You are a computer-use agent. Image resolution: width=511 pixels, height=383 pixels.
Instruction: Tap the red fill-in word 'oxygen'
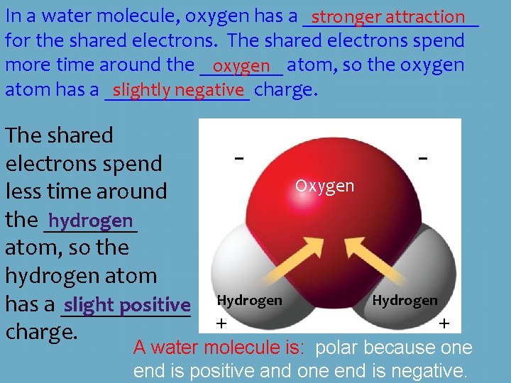point(241,66)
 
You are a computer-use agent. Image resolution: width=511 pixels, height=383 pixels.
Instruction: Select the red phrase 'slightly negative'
point(177,89)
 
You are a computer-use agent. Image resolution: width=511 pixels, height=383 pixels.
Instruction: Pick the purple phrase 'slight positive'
point(127,305)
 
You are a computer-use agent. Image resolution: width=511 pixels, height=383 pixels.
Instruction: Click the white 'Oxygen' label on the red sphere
point(324,186)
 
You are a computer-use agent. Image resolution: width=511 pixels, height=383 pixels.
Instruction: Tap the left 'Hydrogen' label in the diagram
point(249,300)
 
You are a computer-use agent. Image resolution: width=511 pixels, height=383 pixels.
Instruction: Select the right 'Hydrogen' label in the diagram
point(405,300)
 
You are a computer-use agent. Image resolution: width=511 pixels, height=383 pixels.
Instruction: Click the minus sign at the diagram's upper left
point(240,158)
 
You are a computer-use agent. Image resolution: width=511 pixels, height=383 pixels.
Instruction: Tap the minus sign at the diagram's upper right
point(423,158)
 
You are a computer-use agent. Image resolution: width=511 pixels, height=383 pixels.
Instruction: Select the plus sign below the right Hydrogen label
point(444,323)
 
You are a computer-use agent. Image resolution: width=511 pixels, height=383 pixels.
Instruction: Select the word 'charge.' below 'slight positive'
point(41,332)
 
